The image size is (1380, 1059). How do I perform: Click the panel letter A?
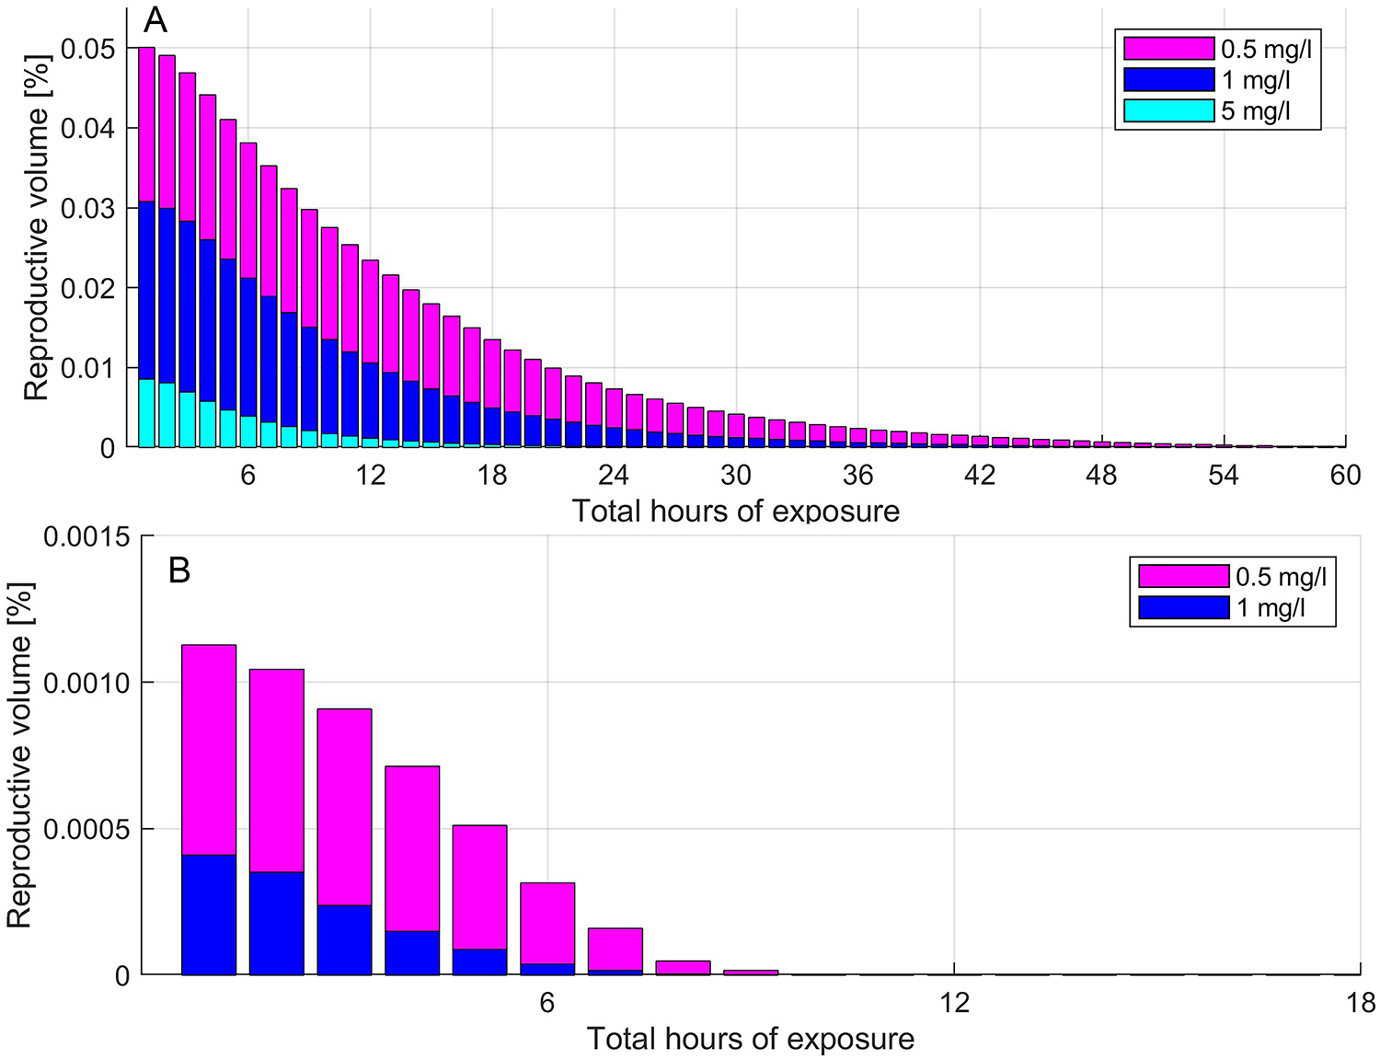tap(155, 20)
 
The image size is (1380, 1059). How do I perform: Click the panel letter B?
tap(179, 570)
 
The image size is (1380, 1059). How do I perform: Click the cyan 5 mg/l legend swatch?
tap(1168, 110)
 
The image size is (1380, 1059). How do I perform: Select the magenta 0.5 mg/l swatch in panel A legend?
tap(1168, 48)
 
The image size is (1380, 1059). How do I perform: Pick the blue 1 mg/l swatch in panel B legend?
tap(1183, 607)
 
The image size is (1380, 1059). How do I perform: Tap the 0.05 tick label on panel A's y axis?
tap(88, 48)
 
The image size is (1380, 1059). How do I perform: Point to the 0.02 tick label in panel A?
tap(88, 288)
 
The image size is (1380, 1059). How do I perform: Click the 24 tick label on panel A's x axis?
tap(613, 475)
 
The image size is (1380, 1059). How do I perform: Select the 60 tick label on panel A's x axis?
tap(1345, 475)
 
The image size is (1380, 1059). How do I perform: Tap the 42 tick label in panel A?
tap(980, 475)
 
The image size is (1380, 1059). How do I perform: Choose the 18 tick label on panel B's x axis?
tap(1361, 1002)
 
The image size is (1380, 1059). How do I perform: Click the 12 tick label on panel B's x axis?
tap(955, 1002)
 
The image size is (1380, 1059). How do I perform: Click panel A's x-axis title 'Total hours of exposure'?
tap(736, 511)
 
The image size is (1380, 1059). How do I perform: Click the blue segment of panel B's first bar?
tap(209, 915)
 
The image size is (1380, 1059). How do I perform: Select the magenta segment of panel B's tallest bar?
tap(209, 750)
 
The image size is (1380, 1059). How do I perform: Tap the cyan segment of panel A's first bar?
tap(146, 413)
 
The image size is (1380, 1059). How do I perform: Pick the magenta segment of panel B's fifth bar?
tap(479, 887)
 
